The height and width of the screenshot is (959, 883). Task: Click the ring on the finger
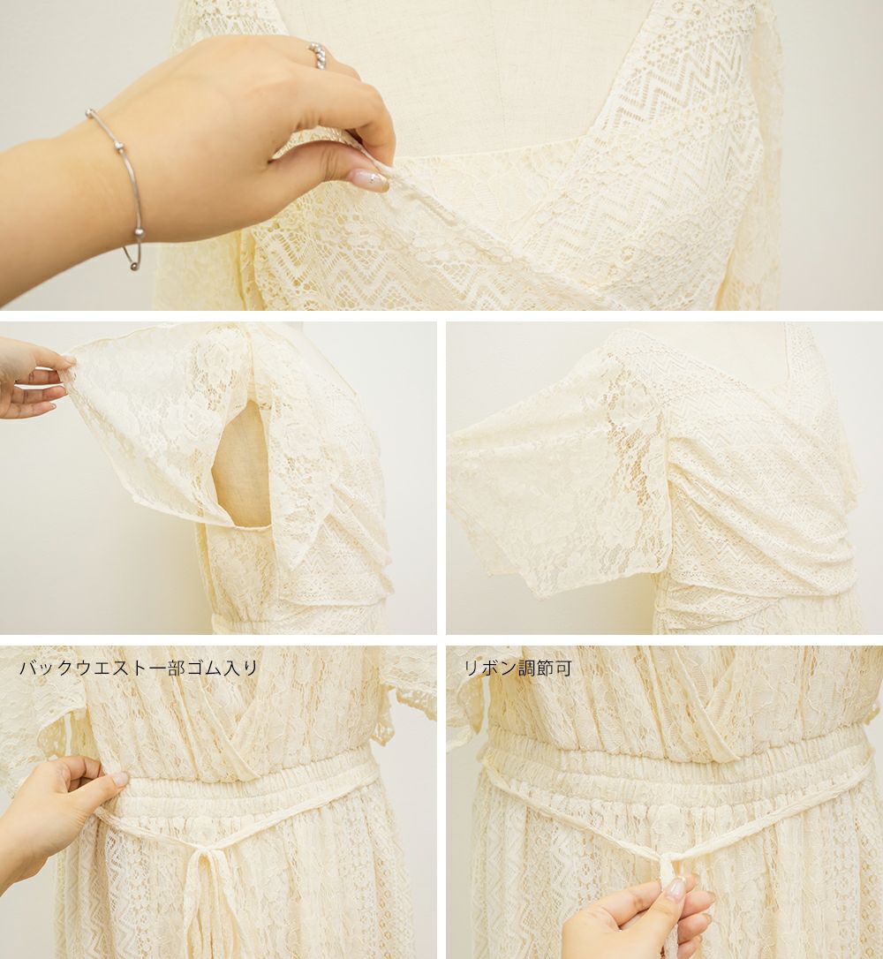pyautogui.click(x=318, y=55)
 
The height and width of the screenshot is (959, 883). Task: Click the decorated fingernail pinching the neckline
pyautogui.click(x=369, y=178)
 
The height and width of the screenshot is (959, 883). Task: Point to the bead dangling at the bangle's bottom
pyautogui.click(x=134, y=266)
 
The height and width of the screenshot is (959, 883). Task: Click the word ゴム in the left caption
pyautogui.click(x=206, y=668)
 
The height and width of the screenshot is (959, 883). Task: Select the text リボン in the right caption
pyautogui.click(x=490, y=668)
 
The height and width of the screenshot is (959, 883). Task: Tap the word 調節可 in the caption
pyautogui.click(x=545, y=668)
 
